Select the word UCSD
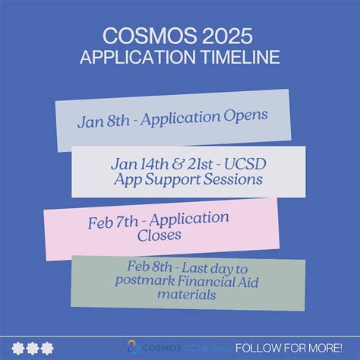point(243,163)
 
